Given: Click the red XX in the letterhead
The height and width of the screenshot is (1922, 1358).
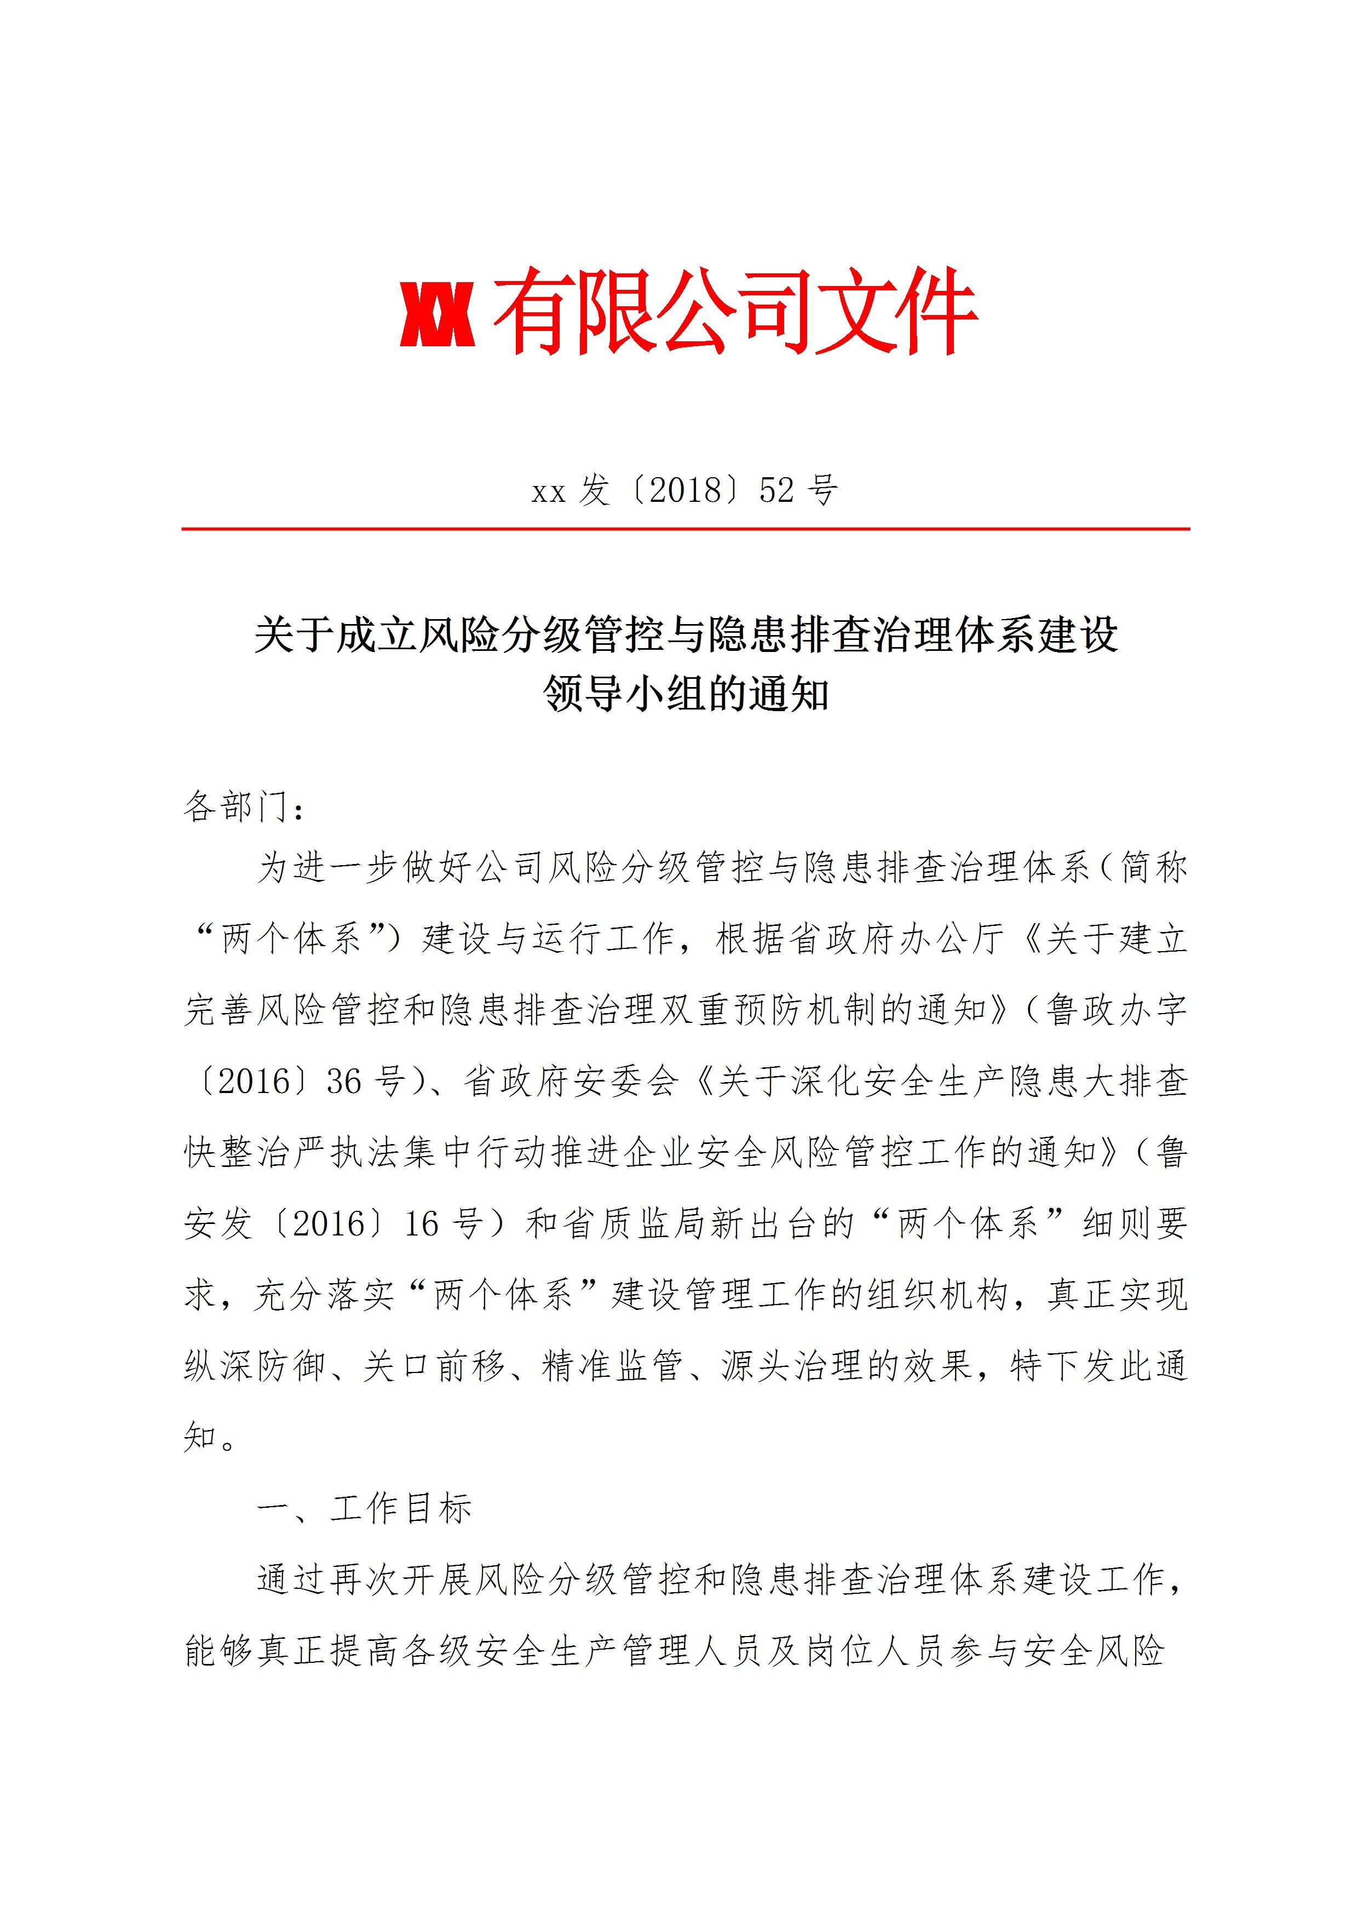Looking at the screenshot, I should pyautogui.click(x=438, y=314).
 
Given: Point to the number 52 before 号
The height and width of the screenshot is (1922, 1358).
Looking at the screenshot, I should pyautogui.click(x=776, y=490).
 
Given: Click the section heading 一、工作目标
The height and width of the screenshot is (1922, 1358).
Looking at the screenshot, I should pyautogui.click(x=365, y=1508).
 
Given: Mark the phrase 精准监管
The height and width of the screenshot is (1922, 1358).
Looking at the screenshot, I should pyautogui.click(x=613, y=1366).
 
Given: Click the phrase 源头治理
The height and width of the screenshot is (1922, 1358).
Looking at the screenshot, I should pyautogui.click(x=792, y=1366).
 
